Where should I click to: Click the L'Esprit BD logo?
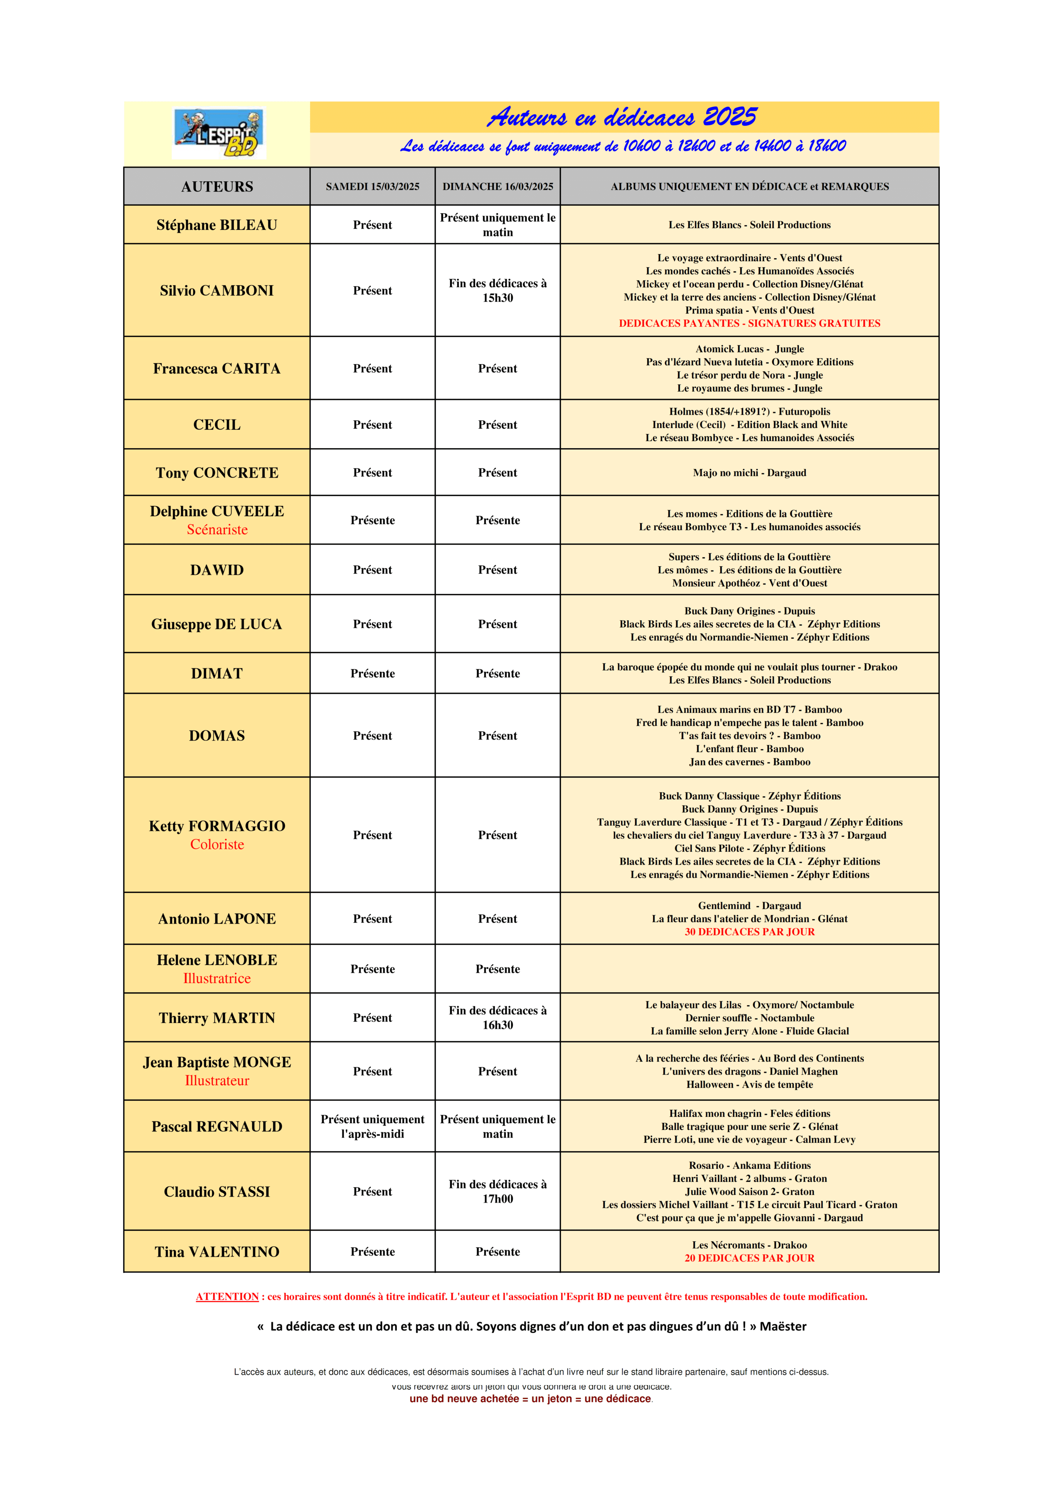[x=219, y=134]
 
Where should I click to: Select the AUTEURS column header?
[x=217, y=187]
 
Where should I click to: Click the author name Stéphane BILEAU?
[x=217, y=225]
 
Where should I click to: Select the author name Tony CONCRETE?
[x=217, y=473]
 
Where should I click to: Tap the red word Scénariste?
[x=217, y=530]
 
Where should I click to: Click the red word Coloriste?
[x=217, y=845]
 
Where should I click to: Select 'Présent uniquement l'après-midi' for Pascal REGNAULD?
[x=372, y=1127]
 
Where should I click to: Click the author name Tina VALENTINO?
[x=217, y=1252]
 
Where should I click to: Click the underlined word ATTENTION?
[x=227, y=1297]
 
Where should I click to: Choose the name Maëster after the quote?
[x=783, y=1326]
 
